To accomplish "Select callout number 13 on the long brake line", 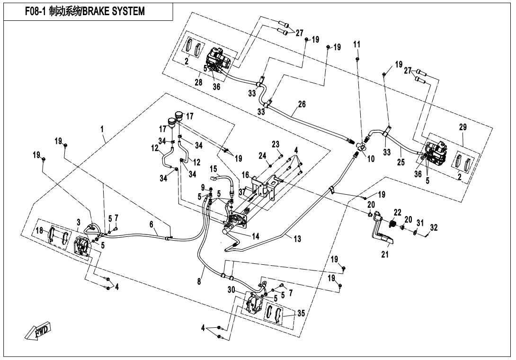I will pos(297,240).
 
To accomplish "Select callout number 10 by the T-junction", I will pos(371,160).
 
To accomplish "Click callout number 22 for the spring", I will pos(397,211).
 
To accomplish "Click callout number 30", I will pos(231,289).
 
